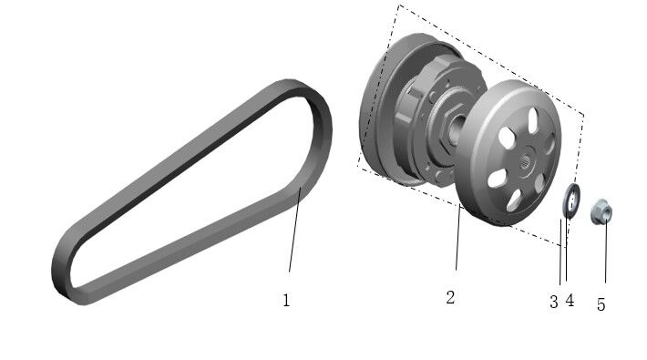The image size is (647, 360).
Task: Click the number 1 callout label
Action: [286, 300]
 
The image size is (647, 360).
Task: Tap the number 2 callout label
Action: [450, 297]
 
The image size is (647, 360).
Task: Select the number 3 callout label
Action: [553, 302]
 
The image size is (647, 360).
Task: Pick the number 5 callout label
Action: [601, 304]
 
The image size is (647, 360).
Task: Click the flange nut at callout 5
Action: [601, 212]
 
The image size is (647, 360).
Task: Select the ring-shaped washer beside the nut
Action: [571, 201]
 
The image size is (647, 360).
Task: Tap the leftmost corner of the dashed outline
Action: [357, 170]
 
